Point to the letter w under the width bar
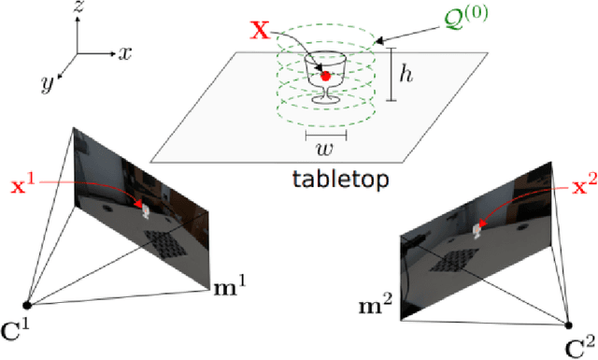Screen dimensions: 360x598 [324, 151]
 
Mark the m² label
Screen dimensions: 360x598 [377, 304]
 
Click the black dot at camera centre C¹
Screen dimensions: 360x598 [27, 305]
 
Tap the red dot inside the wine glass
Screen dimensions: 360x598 [325, 75]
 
